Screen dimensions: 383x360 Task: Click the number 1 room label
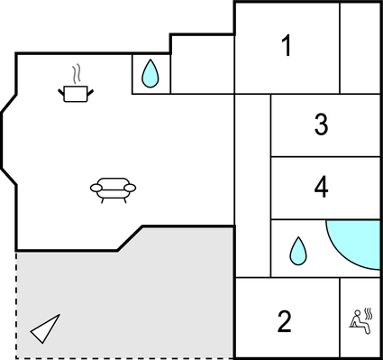click(287, 46)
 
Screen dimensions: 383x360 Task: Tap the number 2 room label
click(285, 320)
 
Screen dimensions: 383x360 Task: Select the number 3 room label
click(321, 125)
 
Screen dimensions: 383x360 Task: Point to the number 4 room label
click(321, 188)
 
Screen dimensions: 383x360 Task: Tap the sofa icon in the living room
click(113, 189)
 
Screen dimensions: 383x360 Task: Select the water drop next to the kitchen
click(150, 73)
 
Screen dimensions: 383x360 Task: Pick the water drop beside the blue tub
click(297, 250)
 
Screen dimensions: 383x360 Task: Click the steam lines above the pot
click(78, 71)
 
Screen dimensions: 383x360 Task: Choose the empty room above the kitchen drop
click(202, 63)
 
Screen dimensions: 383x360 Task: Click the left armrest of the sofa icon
click(96, 188)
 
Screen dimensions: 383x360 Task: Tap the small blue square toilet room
click(150, 73)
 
